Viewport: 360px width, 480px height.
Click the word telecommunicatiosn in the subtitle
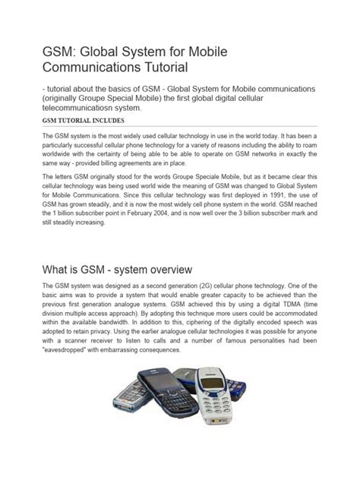pyautogui.click(x=83, y=109)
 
